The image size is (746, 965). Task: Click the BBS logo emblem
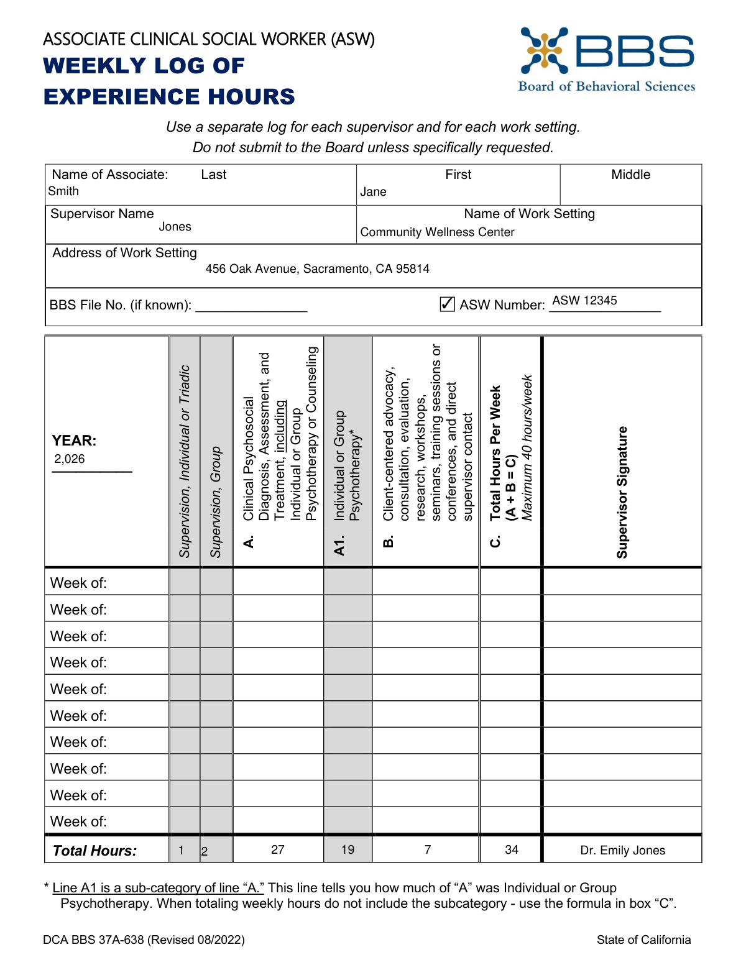tap(545, 50)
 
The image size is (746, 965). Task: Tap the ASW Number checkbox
tap(447, 304)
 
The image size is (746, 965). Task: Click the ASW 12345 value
tap(584, 301)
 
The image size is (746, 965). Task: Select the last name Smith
tap(63, 191)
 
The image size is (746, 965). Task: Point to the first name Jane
tap(373, 192)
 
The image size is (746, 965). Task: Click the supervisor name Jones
tap(175, 227)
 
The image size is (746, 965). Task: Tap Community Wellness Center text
tap(437, 232)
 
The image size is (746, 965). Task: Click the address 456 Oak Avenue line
tap(317, 269)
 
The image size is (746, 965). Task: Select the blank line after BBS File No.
tap(251, 306)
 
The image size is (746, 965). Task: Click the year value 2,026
tap(70, 459)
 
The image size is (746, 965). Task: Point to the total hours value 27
tap(278, 849)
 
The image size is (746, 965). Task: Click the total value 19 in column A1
tap(348, 849)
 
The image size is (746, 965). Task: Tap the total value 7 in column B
tap(428, 849)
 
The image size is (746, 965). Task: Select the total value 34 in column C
tap(511, 849)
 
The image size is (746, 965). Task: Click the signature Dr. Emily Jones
tap(622, 851)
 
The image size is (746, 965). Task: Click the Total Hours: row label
tap(94, 851)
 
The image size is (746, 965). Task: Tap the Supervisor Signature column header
tap(622, 492)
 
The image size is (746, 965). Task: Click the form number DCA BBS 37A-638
tap(144, 940)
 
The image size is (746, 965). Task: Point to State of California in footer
tap(643, 940)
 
